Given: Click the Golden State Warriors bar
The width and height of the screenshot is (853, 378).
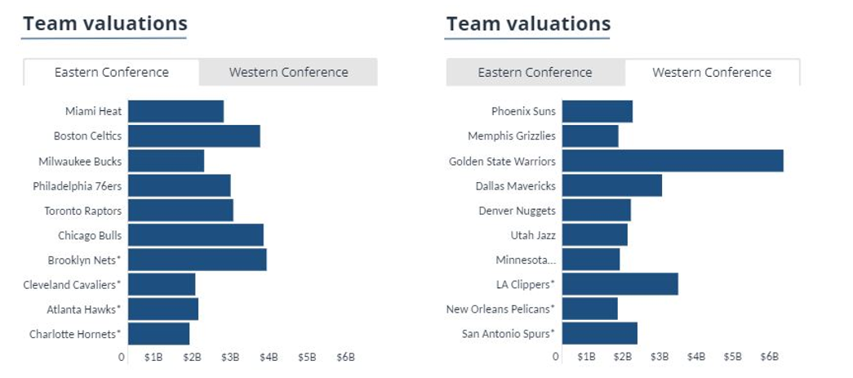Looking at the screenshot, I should pos(672,161).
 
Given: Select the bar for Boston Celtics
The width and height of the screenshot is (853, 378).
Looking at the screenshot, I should pos(193,136).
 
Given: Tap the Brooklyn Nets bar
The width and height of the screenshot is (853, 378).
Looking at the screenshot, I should pos(197,260).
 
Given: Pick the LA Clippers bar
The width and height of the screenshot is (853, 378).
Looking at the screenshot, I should pos(620,284).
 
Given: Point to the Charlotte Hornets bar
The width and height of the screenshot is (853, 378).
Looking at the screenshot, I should pos(158,334).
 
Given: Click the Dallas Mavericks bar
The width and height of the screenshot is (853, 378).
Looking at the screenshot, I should pos(611,185).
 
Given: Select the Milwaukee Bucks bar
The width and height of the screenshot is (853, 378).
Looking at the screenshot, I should pos(166,161).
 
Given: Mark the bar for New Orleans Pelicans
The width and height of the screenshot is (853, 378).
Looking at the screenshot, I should pos(589,309).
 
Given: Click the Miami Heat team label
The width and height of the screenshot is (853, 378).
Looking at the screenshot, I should pos(93,112).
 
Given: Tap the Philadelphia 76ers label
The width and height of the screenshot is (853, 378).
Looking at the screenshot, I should pos(78,186).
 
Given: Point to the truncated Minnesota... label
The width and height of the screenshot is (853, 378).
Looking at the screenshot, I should pos(526,260).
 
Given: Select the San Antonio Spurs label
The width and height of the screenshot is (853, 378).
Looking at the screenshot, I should pos(508,333).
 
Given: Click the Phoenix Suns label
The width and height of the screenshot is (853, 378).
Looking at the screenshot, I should pos(523,112).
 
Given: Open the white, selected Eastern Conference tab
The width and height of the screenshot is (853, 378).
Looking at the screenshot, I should pos(111,72).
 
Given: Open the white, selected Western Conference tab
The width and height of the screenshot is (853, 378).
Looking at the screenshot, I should pos(712,72).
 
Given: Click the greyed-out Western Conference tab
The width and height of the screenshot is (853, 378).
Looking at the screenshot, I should pos(288,72).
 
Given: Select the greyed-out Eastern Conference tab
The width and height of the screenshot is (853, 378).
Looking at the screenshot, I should pos(535,72).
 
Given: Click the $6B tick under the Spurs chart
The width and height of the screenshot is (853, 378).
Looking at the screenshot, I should pos(769,357).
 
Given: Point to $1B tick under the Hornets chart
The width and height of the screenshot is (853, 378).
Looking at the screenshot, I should pos(153,357).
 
